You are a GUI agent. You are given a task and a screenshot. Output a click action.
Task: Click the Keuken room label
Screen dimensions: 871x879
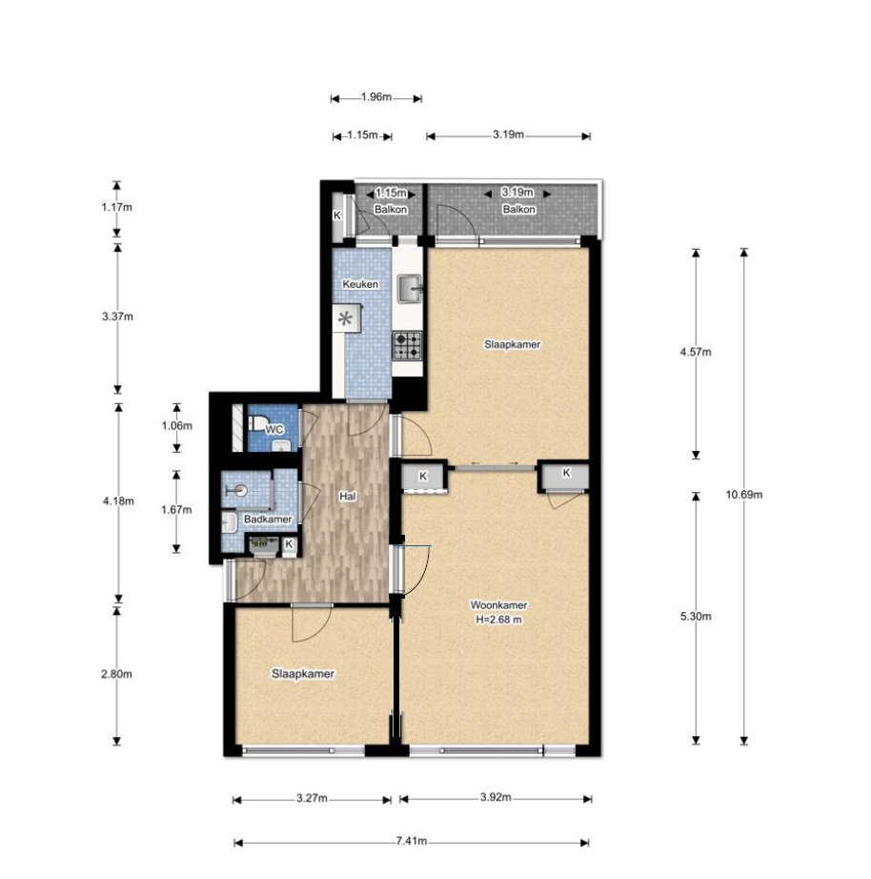click(x=360, y=284)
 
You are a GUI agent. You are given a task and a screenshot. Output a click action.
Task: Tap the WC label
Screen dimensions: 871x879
click(x=274, y=430)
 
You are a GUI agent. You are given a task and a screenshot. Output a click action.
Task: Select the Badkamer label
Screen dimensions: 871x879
click(x=268, y=519)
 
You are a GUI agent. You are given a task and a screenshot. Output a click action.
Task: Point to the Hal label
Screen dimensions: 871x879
click(x=348, y=496)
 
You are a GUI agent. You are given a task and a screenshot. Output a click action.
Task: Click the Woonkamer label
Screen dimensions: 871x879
click(x=498, y=605)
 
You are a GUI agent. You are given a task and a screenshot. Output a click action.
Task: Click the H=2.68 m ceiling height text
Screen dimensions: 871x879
click(x=498, y=620)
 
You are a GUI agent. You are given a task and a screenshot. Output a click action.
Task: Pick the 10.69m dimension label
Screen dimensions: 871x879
click(x=743, y=495)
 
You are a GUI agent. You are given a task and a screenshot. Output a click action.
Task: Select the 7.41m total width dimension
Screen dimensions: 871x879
click(x=412, y=841)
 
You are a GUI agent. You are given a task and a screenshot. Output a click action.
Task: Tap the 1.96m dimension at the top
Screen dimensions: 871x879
click(x=376, y=97)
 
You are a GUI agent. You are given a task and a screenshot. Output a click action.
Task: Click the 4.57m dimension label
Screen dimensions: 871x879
click(x=696, y=352)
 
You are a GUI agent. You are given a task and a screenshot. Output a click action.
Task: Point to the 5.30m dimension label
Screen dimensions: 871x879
click(x=696, y=617)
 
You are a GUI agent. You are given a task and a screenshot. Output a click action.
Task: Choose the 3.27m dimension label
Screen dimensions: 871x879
click(x=313, y=798)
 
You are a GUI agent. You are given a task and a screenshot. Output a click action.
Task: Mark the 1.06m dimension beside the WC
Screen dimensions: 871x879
click(x=176, y=425)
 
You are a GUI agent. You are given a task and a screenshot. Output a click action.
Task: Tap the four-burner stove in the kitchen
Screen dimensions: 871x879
click(x=406, y=345)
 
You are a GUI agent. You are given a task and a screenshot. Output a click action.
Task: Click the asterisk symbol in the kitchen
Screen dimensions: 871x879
click(x=345, y=319)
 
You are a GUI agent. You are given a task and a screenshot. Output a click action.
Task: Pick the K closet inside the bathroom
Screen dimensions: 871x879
click(x=289, y=543)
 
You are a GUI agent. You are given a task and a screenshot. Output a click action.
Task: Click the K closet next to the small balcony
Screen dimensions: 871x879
click(x=337, y=215)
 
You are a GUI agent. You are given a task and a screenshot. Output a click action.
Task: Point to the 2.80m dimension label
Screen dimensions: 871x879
click(x=116, y=674)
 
